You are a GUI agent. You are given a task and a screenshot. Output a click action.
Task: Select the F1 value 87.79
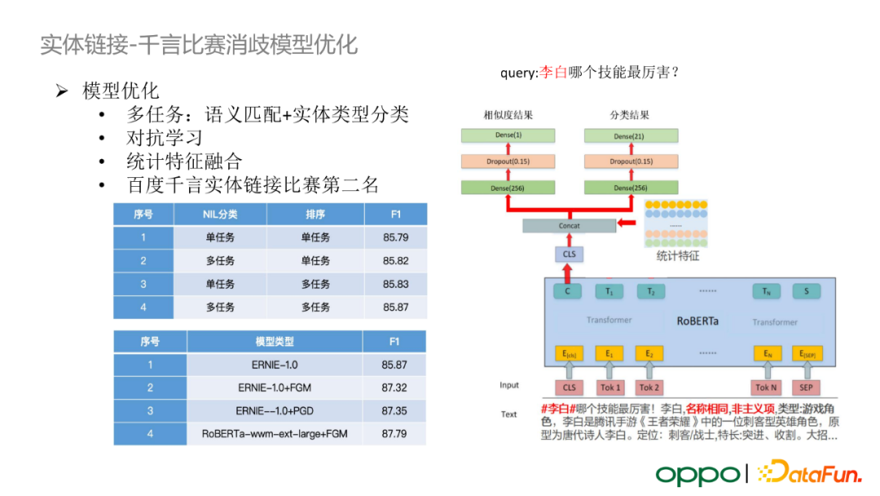pyautogui.click(x=394, y=434)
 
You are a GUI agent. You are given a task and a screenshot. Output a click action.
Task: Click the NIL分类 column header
pyautogui.click(x=220, y=215)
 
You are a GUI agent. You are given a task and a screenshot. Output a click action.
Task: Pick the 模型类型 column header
pyautogui.click(x=275, y=342)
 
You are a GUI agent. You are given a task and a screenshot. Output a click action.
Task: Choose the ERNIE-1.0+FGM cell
pyautogui.click(x=275, y=388)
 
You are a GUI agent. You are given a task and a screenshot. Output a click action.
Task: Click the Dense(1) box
pyautogui.click(x=508, y=135)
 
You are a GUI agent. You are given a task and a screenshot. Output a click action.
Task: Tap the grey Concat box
pyautogui.click(x=569, y=226)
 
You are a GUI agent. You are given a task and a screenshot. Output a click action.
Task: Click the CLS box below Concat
pyautogui.click(x=569, y=255)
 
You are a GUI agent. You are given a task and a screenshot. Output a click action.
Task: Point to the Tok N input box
pyautogui.click(x=765, y=387)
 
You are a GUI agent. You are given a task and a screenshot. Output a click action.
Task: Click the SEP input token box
pyautogui.click(x=806, y=387)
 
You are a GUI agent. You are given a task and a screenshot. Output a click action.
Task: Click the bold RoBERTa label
pyautogui.click(x=697, y=321)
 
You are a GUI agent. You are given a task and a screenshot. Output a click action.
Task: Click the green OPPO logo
pyautogui.click(x=697, y=474)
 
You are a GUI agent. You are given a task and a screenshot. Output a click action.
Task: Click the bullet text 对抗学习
pyautogui.click(x=164, y=137)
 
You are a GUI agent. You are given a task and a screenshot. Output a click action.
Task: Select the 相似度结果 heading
pyautogui.click(x=508, y=115)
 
